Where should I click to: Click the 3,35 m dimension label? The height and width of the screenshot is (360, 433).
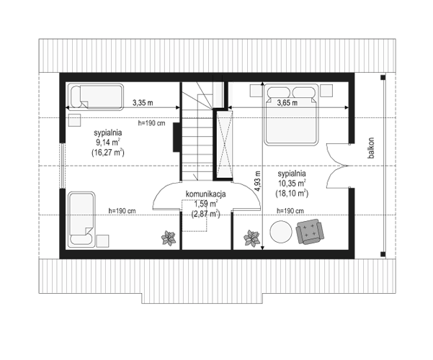[143, 103]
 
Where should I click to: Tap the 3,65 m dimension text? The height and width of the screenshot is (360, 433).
[287, 103]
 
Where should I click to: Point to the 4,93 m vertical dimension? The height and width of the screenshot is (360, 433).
[258, 181]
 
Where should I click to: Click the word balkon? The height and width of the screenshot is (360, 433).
[371, 148]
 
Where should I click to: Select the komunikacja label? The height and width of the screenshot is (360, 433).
[206, 194]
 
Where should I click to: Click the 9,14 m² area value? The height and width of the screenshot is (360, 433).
[108, 143]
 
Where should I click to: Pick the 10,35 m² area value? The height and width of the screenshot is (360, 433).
[292, 184]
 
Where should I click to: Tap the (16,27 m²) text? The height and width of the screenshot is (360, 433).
[108, 153]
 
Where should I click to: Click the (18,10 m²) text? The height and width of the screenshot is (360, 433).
[292, 194]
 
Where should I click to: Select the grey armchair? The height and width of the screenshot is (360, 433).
[310, 232]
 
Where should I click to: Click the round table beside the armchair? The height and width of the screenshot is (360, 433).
[281, 232]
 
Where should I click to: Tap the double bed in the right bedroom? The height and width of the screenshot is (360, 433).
[291, 114]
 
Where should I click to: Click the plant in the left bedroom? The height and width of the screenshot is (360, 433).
[169, 238]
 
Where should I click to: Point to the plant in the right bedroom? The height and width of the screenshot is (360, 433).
[251, 238]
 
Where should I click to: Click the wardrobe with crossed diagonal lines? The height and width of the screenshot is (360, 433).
[224, 145]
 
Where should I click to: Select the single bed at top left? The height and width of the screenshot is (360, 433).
[96, 97]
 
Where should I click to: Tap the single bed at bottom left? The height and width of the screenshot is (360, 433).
[81, 219]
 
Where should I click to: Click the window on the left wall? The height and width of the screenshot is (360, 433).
[63, 166]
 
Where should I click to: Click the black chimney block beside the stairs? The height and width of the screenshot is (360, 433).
[177, 138]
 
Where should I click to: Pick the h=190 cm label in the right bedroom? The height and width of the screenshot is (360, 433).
[290, 211]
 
